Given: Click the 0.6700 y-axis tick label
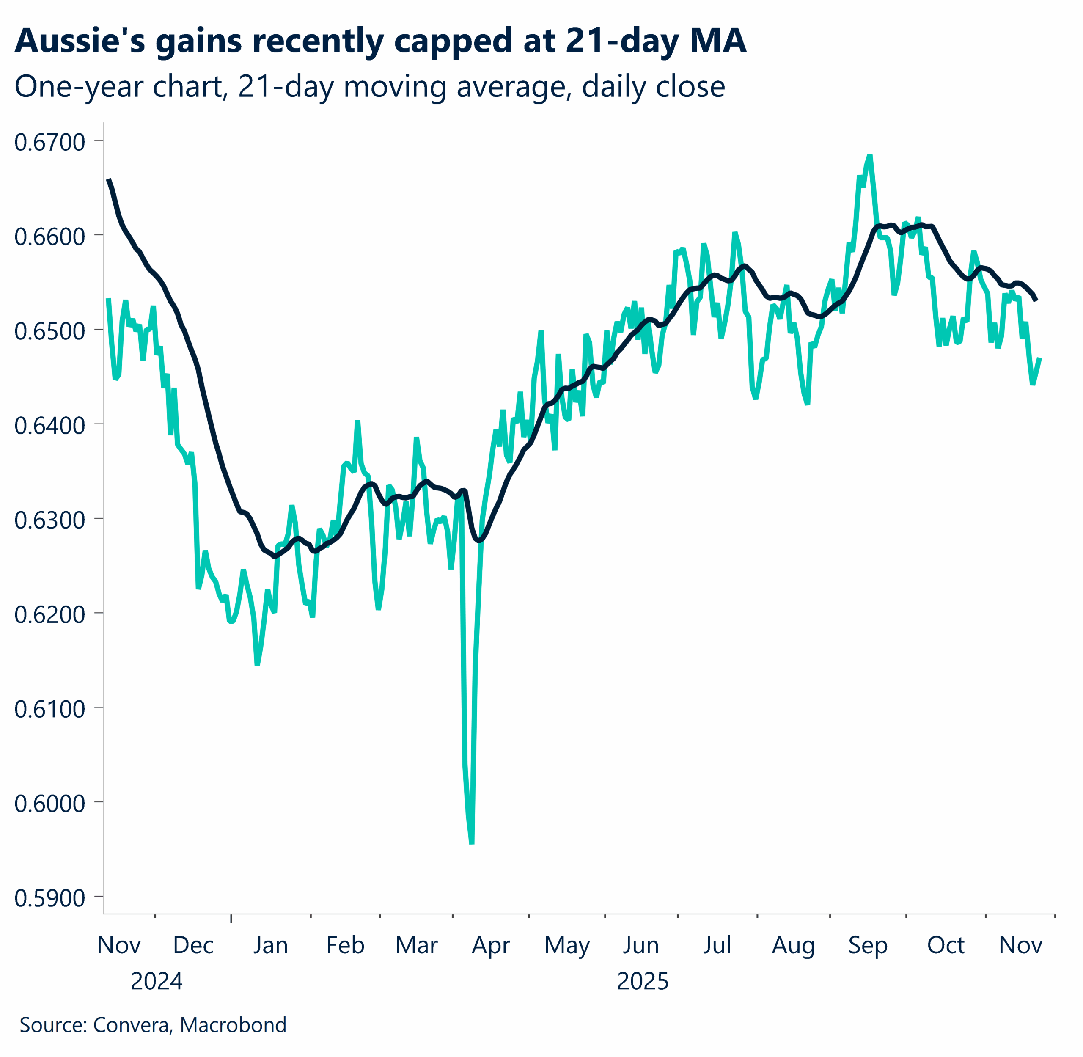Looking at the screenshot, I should point(49,142).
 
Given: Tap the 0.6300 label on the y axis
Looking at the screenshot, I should point(49,520).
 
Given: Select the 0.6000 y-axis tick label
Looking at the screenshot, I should point(49,803).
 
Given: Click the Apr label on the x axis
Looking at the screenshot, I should point(491,945).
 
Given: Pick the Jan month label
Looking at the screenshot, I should point(270,945).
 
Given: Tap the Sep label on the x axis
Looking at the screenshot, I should point(868,945).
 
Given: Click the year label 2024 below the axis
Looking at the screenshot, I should point(156,982).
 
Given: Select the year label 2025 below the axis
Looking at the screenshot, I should point(642,982).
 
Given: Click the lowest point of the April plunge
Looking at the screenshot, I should point(472,843).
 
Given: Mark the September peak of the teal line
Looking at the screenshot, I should point(870,156).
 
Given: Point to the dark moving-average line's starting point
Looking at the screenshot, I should point(108,179).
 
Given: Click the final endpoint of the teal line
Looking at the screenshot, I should point(1040,359).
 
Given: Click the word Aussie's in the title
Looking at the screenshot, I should point(80,41).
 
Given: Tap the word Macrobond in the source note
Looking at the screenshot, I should point(233,1025).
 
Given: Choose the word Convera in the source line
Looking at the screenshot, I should point(132,1025).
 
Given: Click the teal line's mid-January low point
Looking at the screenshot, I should point(258,664).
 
